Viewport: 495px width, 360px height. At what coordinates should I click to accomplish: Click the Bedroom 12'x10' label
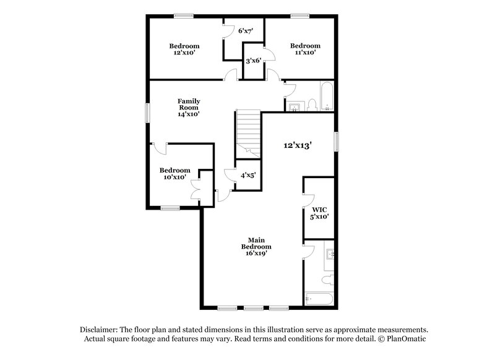pyautogui.click(x=184, y=49)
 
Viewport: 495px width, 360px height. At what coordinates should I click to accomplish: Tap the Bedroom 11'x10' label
pyautogui.click(x=305, y=49)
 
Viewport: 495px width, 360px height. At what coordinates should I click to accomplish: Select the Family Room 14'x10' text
pyautogui.click(x=189, y=107)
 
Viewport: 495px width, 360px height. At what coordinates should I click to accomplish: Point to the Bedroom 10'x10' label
pyautogui.click(x=174, y=174)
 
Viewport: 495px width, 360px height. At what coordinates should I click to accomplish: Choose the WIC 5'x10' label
pyautogui.click(x=319, y=213)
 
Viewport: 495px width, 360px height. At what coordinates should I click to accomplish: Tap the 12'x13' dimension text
pyautogui.click(x=298, y=145)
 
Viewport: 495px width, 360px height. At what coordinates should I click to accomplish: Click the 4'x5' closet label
pyautogui.click(x=248, y=175)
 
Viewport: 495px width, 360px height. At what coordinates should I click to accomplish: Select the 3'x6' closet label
pyautogui.click(x=254, y=61)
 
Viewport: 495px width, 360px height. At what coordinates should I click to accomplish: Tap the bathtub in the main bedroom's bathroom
pyautogui.click(x=319, y=299)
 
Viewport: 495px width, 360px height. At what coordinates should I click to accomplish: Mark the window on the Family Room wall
pyautogui.click(x=147, y=112)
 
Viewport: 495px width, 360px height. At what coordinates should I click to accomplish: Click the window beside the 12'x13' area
pyautogui.click(x=337, y=140)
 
